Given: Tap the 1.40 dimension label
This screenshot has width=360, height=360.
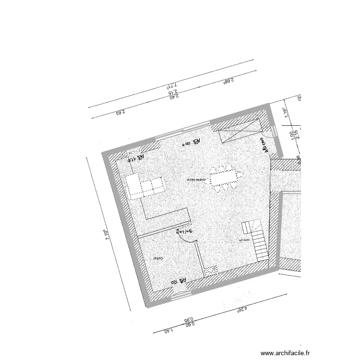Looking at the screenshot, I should click(x=168, y=331).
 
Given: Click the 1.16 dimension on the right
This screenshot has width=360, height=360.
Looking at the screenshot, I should click(x=285, y=111).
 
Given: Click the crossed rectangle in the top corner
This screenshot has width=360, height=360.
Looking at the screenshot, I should click(x=238, y=131).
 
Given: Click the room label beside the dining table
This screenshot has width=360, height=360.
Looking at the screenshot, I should click(x=195, y=180).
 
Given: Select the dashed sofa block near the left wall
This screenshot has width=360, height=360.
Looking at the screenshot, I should click(x=145, y=186).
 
